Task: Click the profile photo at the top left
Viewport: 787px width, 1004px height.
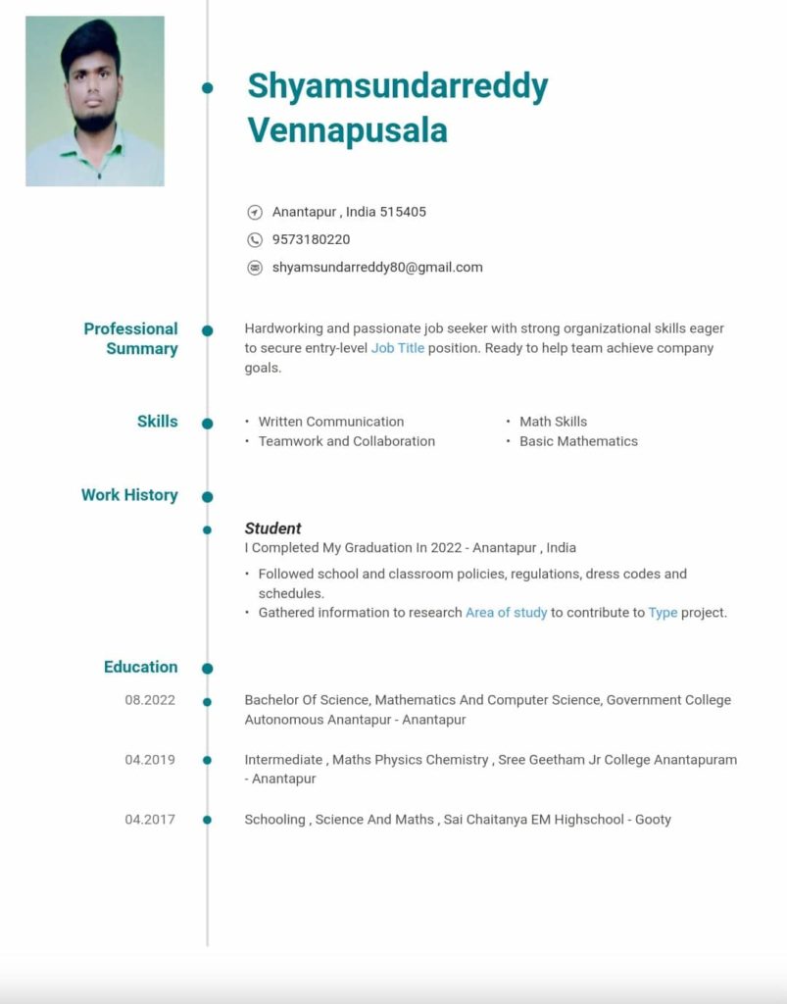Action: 95,101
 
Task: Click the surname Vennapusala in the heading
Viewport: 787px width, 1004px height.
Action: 347,129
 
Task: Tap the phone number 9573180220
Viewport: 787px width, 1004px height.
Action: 311,239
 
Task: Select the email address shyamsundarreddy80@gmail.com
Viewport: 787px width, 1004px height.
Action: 377,267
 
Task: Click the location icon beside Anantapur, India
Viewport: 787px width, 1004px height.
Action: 255,212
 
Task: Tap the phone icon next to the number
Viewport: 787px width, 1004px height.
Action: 255,239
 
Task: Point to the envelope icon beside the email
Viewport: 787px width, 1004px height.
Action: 255,267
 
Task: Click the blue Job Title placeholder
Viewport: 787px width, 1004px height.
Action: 398,348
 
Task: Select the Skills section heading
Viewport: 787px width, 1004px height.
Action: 158,422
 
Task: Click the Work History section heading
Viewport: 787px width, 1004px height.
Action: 129,495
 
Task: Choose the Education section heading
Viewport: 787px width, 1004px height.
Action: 141,667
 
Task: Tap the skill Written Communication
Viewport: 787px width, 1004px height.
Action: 331,422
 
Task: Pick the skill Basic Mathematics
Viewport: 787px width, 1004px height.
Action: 578,441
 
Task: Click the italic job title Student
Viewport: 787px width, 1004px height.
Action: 272,528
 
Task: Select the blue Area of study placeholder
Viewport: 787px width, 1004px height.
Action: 506,613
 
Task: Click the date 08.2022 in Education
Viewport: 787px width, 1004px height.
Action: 150,700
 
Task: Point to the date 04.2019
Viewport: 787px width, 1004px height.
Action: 150,760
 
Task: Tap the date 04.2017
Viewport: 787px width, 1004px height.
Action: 150,820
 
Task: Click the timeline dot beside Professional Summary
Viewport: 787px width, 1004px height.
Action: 207,330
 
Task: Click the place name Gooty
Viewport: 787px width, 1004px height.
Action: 653,820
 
